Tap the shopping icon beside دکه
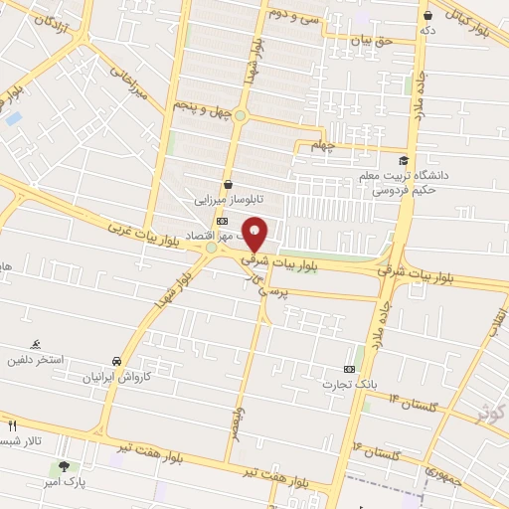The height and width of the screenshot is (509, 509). [x=428, y=16]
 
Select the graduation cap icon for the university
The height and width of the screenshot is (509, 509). [x=404, y=160]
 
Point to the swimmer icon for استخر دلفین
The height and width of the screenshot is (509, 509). [x=37, y=343]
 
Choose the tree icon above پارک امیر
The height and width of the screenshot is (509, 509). [x=65, y=466]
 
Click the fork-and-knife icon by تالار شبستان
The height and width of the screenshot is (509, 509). [x=12, y=424]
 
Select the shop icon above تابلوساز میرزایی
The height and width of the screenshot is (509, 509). [x=229, y=184]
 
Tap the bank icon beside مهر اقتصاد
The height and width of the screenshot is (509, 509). [x=221, y=221]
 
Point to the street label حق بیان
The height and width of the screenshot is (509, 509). [x=371, y=40]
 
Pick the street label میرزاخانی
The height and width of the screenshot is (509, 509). [x=126, y=88]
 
